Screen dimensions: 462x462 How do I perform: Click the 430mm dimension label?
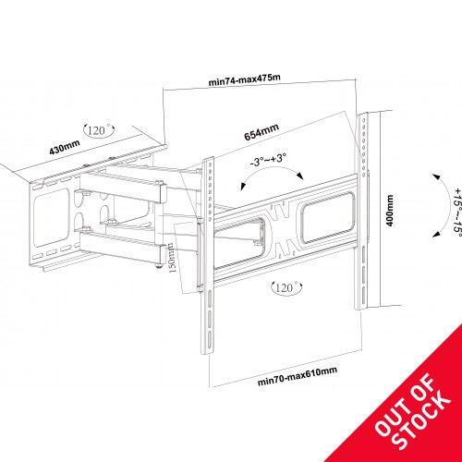tap(65, 147)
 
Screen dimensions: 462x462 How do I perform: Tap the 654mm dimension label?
tap(261, 132)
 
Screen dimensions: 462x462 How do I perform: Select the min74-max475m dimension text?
tap(245, 79)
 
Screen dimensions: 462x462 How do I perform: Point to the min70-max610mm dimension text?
tap(298, 376)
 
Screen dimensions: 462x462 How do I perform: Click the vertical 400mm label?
tap(390, 211)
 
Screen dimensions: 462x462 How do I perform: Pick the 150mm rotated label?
tap(172, 258)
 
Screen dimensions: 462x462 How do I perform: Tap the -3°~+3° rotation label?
tap(268, 161)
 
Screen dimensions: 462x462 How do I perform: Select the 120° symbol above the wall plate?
tap(99, 129)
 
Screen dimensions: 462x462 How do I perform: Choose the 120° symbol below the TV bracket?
tap(286, 287)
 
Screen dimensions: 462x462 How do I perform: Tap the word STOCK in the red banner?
tap(422, 421)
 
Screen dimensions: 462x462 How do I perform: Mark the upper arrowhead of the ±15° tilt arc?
tap(436, 177)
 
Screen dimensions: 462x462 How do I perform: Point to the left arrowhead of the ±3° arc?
tap(243, 187)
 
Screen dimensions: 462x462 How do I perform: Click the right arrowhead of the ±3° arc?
tap(299, 176)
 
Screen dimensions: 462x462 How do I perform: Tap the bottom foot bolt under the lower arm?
tap(159, 265)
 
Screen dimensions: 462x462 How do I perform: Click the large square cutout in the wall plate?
tap(51, 217)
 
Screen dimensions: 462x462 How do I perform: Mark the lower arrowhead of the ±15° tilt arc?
tap(436, 234)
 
